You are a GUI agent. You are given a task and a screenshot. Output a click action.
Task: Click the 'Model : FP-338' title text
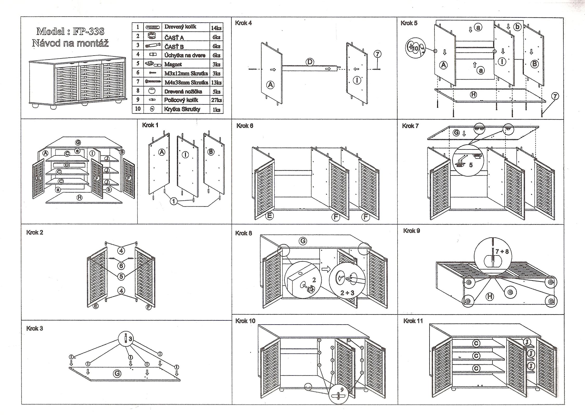point(70,31)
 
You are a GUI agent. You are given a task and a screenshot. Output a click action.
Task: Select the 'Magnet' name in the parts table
point(173,64)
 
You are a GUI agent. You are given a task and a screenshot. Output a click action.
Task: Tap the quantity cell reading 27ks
point(216,100)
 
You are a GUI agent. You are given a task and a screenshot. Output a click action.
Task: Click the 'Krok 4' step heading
point(243,23)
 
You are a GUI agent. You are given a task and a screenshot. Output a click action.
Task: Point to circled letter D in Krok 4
point(310,62)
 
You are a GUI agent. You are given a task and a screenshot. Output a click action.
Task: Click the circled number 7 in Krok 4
point(377,54)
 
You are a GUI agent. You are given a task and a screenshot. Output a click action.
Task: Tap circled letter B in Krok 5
point(535,64)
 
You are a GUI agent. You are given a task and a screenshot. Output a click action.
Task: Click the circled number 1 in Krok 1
point(174,201)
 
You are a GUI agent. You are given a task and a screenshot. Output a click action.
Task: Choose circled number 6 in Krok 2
point(121,265)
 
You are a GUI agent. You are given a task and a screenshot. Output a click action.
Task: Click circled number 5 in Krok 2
point(121,276)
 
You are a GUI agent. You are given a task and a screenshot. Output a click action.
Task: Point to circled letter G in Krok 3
point(117,373)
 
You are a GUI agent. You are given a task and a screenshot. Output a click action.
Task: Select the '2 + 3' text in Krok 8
point(347,293)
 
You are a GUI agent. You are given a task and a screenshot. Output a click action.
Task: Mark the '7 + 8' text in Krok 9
point(502,251)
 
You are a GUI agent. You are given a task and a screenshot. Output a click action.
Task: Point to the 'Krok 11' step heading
point(413,321)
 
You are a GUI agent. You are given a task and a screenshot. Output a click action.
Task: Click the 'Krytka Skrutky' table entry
point(182,109)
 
